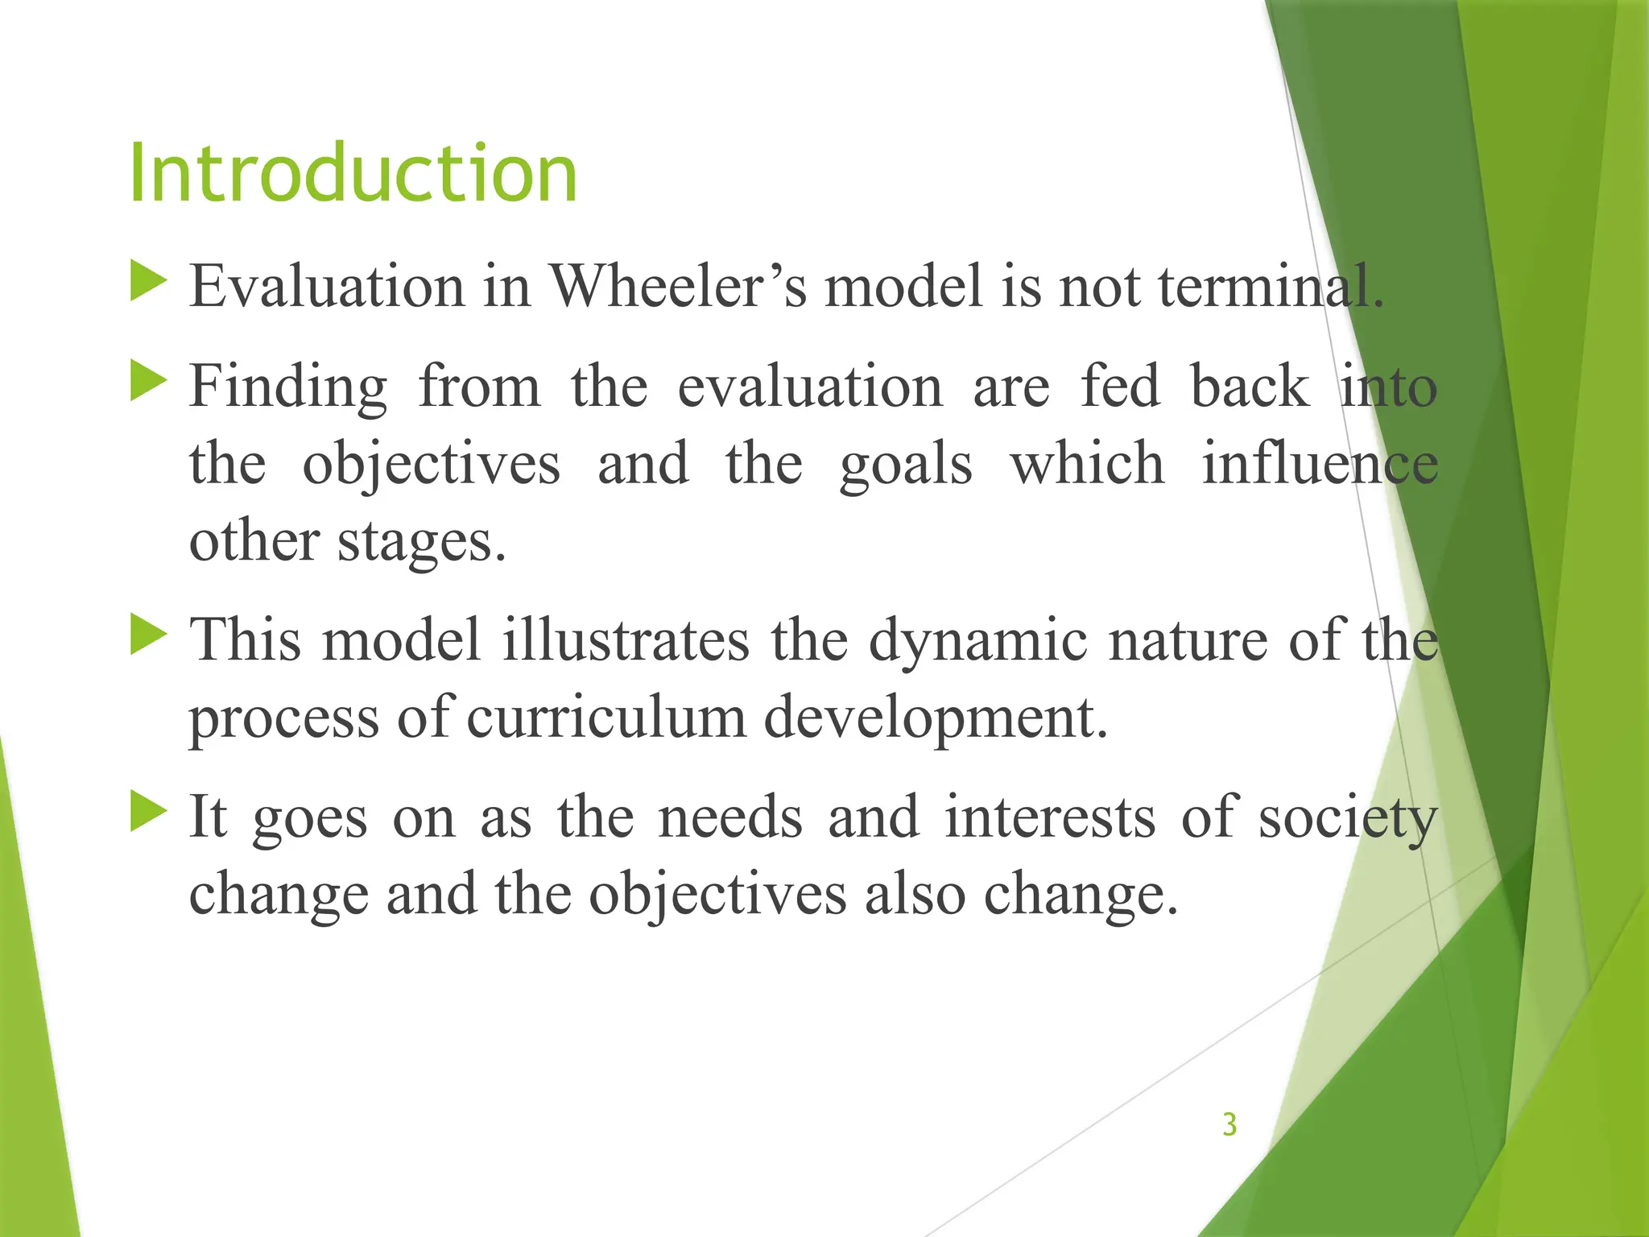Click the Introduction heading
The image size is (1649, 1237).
point(353,173)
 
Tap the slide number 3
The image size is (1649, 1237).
point(1229,1124)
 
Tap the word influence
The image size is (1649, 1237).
point(1319,465)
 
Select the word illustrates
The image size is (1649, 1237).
point(626,640)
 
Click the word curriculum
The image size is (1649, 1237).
point(605,718)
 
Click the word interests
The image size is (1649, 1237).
point(1049,817)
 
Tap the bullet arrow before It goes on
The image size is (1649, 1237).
point(147,811)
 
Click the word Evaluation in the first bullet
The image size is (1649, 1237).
point(326,287)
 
